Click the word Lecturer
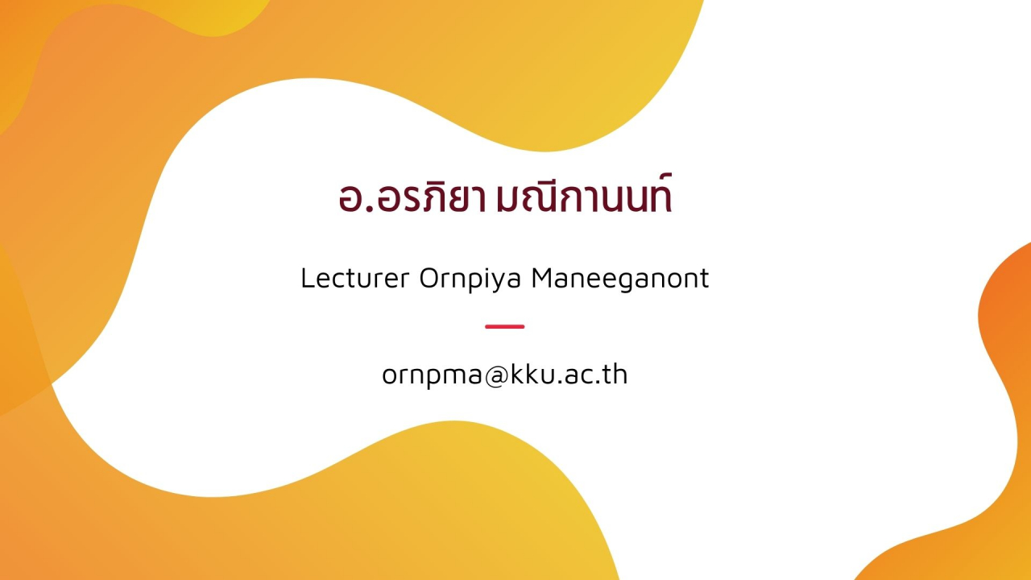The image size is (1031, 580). point(355,278)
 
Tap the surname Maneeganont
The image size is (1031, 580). point(620,279)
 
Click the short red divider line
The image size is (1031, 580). point(504,326)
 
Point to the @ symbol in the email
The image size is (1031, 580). point(496,375)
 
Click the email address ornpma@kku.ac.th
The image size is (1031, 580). point(504,375)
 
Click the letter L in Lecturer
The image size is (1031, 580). point(308,278)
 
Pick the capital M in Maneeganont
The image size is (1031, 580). point(542,278)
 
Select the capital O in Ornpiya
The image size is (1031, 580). point(429,278)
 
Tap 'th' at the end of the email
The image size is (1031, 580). point(616,374)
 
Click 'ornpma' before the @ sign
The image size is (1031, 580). point(433,376)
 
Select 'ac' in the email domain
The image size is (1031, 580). point(577,376)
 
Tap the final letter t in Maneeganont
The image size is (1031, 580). point(704,279)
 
